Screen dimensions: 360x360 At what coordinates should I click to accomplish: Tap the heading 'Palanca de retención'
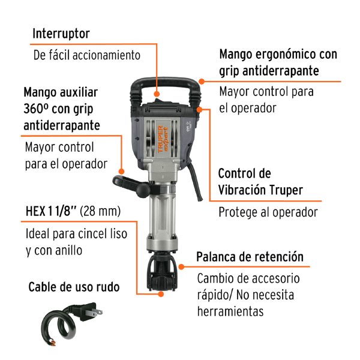(250, 257)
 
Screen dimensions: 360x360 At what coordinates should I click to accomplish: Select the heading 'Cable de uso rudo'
(74, 287)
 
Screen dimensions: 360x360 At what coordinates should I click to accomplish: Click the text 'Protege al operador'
(268, 212)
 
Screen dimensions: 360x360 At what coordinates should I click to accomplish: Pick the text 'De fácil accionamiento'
(86, 55)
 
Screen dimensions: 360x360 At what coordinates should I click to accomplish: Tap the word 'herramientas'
(230, 311)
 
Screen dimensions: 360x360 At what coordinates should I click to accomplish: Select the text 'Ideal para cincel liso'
(76, 234)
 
